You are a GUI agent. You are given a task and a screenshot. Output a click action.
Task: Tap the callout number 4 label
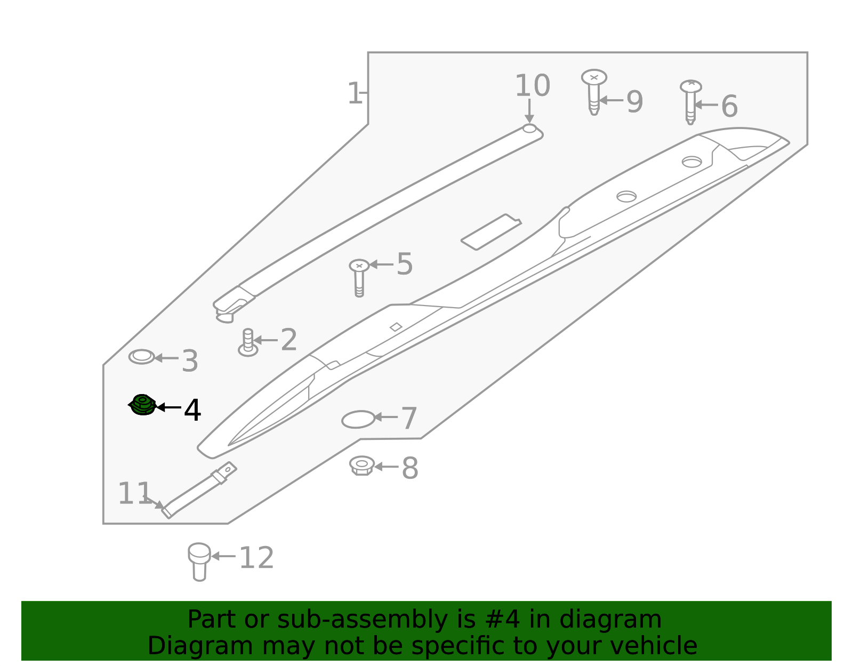point(192,410)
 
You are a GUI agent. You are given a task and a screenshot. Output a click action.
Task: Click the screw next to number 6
point(690,101)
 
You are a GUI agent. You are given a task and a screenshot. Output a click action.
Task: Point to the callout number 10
point(532,86)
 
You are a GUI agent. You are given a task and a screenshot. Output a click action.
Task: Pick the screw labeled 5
point(359,277)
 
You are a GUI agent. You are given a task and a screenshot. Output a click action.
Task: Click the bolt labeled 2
point(248,342)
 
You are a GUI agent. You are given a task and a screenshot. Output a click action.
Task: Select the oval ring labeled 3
point(142,357)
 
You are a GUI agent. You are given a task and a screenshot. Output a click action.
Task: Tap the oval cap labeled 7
point(358,420)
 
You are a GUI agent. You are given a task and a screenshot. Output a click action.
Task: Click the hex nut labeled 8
point(362,466)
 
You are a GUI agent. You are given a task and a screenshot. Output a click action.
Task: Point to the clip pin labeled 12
point(199,561)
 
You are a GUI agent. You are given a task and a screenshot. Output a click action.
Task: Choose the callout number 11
point(134,493)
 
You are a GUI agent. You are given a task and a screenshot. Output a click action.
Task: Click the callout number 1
point(354,94)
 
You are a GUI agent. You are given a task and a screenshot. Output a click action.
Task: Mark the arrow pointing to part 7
point(385,417)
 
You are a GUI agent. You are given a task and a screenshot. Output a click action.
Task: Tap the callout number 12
point(256,558)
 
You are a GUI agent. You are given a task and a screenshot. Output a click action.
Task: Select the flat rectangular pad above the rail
point(490,232)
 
